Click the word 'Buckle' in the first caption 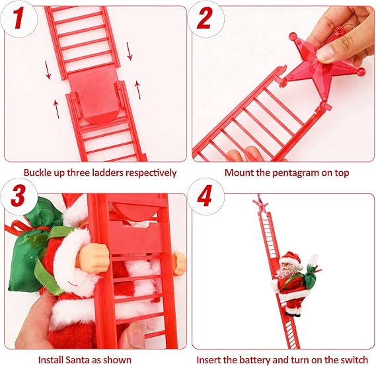[38, 173]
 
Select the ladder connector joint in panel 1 [94, 96]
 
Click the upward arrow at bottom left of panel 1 [56, 108]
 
